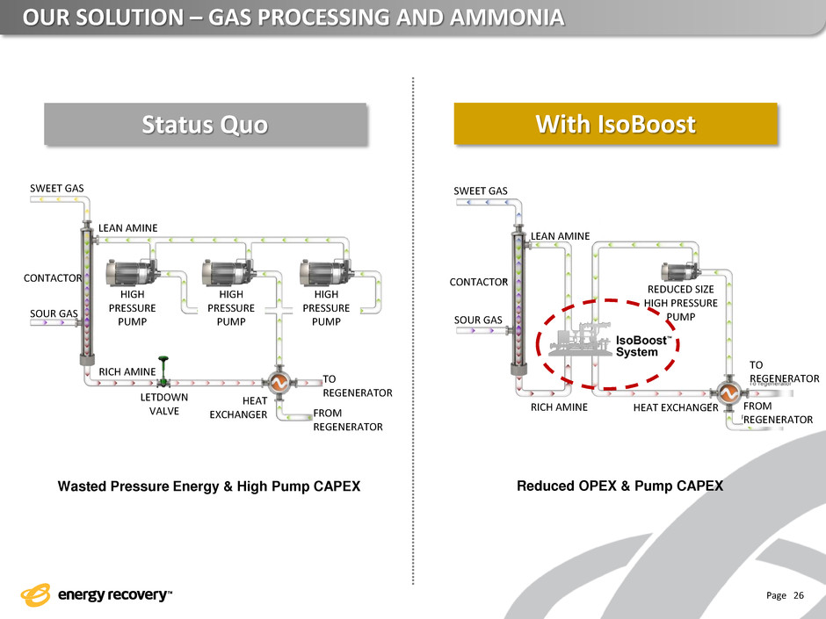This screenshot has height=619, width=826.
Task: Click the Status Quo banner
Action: [206, 124]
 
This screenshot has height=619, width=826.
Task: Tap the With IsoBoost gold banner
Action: [615, 124]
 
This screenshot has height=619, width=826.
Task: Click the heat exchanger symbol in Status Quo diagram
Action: [279, 383]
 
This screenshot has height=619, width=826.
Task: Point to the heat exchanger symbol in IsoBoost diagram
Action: [728, 392]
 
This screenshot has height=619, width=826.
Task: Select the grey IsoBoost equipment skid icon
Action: [580, 340]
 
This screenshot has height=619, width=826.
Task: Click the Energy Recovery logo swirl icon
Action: [35, 594]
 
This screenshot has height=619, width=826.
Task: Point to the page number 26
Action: [799, 594]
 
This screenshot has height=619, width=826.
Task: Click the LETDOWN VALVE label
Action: [163, 404]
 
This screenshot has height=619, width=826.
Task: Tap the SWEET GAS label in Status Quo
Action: [57, 189]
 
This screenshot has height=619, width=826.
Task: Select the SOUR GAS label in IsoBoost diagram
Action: [478, 320]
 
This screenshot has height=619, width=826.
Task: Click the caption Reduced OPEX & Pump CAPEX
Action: [619, 486]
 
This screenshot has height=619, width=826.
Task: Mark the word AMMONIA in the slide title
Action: [506, 18]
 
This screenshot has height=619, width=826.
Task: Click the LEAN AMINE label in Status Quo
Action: [128, 228]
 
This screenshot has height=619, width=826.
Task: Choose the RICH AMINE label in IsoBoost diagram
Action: [559, 407]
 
